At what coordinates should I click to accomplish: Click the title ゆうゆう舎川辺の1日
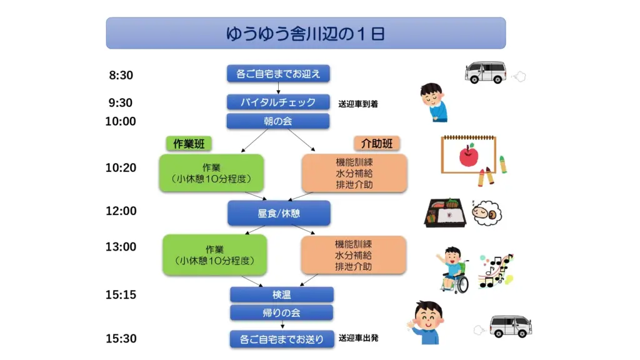pos(306,33)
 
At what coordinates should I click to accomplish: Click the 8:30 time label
pos(121,76)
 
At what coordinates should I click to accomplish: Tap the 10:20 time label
pos(121,167)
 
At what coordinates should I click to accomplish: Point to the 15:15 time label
pos(121,295)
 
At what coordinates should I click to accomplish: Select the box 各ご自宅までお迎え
pos(278,74)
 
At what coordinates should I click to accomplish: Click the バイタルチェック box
pos(278,102)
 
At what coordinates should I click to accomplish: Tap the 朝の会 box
pos(278,121)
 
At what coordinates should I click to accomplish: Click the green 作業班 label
pos(187,144)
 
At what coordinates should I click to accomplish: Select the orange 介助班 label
pos(377,144)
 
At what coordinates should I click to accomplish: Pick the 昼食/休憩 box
pos(279,213)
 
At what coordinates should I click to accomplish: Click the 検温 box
pos(282,294)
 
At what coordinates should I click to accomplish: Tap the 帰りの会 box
pos(282,312)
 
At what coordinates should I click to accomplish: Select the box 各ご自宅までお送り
pos(282,339)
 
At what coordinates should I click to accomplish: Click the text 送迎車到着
pos(358,104)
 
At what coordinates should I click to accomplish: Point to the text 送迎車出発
pos(358,338)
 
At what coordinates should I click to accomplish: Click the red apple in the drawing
pos(468,155)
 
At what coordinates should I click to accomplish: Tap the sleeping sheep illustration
pos(486,214)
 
